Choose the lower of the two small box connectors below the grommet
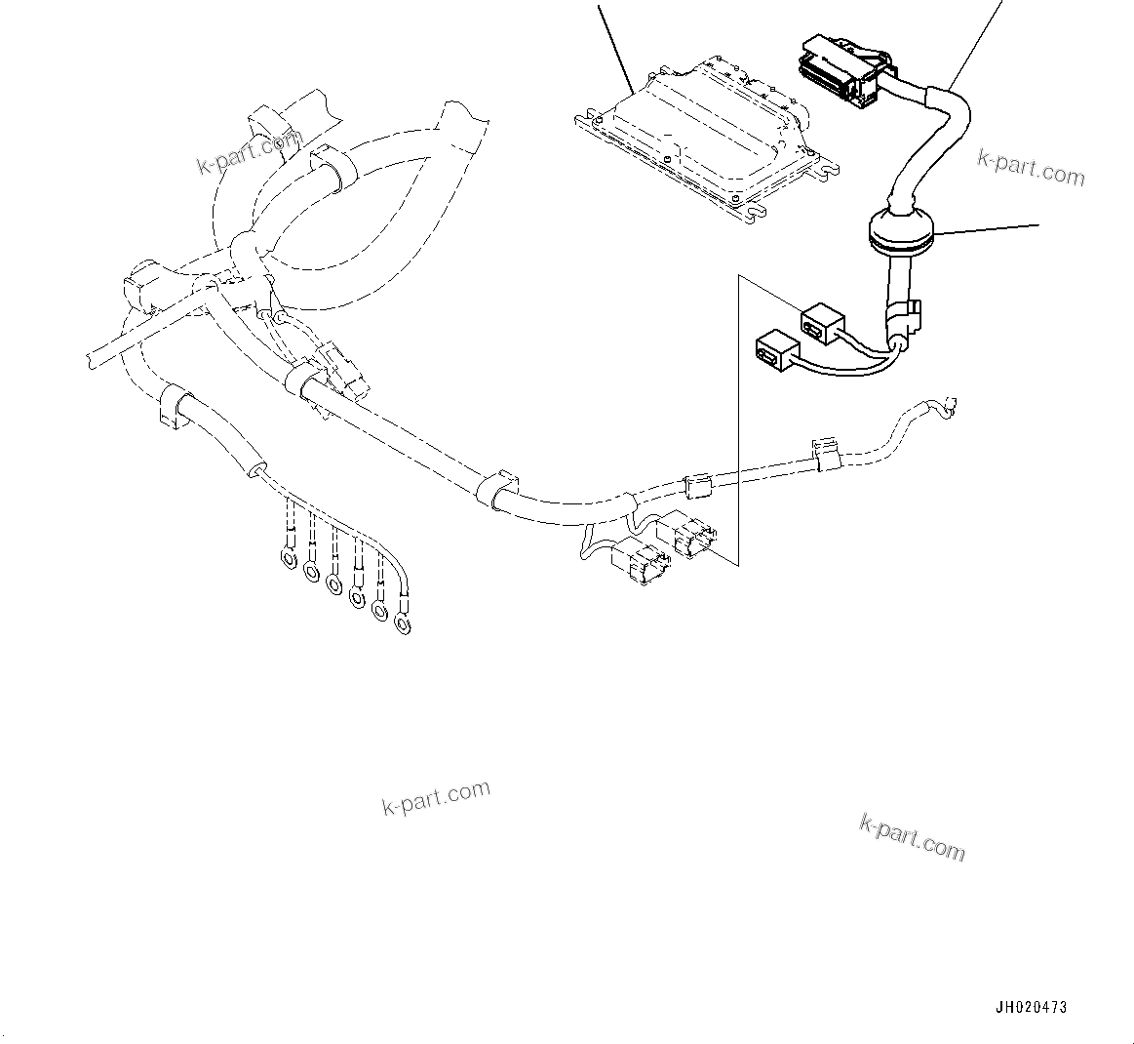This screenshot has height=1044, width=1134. tap(776, 349)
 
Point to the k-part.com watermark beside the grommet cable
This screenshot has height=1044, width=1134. tap(1031, 168)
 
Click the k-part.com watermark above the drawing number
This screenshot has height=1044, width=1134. tap(912, 836)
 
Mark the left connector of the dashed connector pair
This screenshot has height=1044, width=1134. tap(639, 564)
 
